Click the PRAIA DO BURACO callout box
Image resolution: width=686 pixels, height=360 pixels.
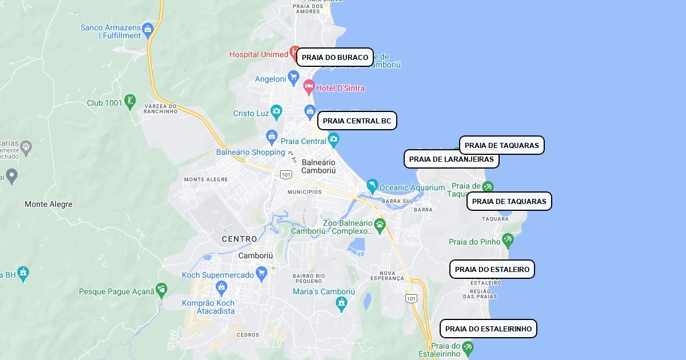coord(335,57)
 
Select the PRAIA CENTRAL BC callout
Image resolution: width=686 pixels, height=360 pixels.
coord(357,121)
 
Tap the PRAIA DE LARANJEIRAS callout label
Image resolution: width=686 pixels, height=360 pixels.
coord(451,159)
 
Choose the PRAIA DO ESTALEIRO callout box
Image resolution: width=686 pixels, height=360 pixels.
coord(492,269)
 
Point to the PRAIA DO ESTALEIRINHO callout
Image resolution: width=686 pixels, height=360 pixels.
coord(488,329)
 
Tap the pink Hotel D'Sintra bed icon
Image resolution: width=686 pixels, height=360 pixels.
coord(309,87)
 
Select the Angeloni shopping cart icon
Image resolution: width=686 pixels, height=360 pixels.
coord(293,77)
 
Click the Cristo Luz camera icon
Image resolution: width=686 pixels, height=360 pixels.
coord(277,111)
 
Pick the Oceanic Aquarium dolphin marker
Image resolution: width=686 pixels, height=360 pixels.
coord(372,185)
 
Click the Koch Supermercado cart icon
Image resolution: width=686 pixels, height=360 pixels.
coord(262,273)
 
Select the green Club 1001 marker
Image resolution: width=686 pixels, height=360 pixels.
coord(130,101)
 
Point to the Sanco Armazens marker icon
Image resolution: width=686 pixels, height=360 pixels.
coord(148,29)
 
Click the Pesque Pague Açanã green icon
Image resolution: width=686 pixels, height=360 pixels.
coord(162,289)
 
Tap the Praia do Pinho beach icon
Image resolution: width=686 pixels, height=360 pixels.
coord(507,239)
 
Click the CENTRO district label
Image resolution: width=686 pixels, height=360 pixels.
coord(240,239)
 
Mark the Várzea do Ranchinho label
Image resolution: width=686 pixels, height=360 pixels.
coord(161,109)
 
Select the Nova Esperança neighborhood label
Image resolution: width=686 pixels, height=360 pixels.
coord(387,275)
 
